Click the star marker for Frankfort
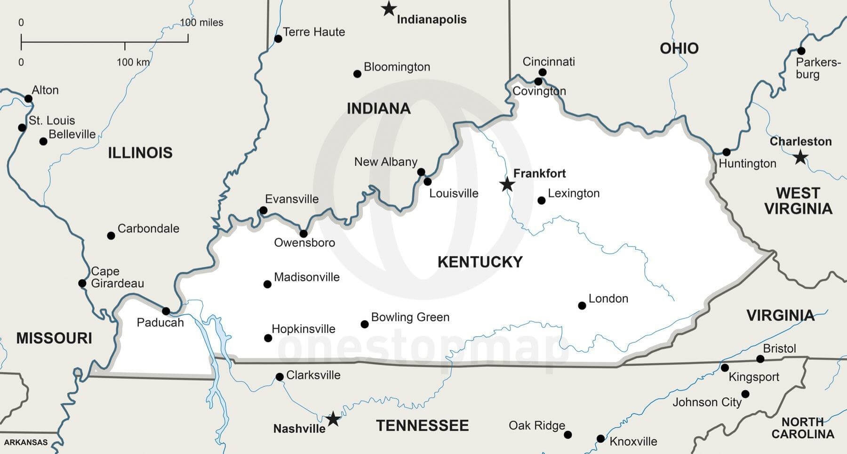tap(507, 184)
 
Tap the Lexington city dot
tap(542, 201)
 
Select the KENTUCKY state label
tap(480, 262)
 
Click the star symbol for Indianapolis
tap(388, 8)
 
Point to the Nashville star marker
tap(333, 418)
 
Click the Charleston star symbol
tap(800, 157)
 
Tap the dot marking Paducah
tap(166, 311)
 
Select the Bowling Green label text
tap(410, 317)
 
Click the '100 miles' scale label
tap(201, 23)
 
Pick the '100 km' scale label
tap(133, 62)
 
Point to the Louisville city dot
tap(427, 181)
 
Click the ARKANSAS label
tap(26, 442)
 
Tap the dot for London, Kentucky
tap(582, 306)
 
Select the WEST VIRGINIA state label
tap(798, 201)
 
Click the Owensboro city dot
tap(304, 234)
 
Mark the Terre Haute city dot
tap(278, 39)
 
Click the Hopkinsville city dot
tap(268, 338)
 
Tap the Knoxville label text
tap(633, 441)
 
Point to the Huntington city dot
tap(727, 152)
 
